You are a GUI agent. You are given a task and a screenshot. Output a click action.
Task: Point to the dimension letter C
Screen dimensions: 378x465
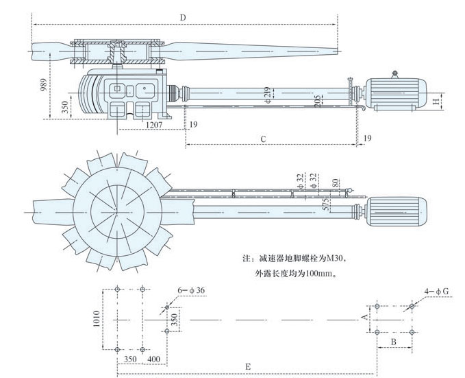pyautogui.click(x=264, y=139)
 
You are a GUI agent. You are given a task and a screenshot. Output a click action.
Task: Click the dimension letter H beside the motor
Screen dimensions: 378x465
pyautogui.click(x=436, y=102)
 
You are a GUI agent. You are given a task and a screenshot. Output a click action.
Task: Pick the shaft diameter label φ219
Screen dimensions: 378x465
pyautogui.click(x=268, y=93)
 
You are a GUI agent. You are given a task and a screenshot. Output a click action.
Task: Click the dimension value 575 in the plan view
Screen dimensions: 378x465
pyautogui.click(x=327, y=204)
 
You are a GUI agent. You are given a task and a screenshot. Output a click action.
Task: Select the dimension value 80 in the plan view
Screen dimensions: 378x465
pyautogui.click(x=335, y=183)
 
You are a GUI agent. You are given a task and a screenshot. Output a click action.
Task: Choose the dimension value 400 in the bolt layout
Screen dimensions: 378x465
pyautogui.click(x=153, y=358)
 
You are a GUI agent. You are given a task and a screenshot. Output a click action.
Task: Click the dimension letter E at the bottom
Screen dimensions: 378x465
pyautogui.click(x=248, y=368)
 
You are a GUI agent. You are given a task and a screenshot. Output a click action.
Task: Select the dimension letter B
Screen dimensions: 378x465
pyautogui.click(x=394, y=341)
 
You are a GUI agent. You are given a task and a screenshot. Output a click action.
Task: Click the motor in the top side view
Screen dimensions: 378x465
pyautogui.click(x=398, y=93)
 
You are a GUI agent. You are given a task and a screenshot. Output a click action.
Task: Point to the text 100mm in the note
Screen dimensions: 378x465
pyautogui.click(x=324, y=274)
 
